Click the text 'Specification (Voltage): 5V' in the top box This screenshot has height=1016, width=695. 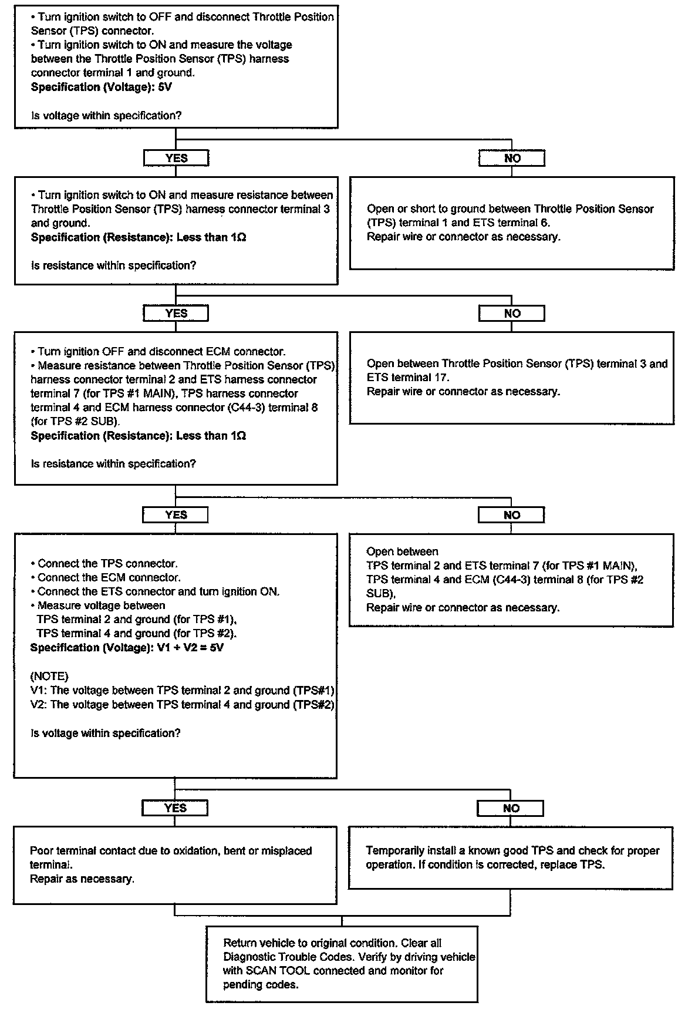(101, 87)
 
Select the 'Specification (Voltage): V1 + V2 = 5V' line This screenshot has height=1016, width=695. (127, 648)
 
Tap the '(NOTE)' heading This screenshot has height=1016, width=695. (49, 676)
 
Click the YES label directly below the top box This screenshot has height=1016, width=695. (176, 158)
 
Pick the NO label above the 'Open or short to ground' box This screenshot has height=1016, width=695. (512, 158)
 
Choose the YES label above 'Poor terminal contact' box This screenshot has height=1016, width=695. (175, 808)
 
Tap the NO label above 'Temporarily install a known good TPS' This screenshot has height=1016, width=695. (511, 808)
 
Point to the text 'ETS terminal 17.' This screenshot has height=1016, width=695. (408, 378)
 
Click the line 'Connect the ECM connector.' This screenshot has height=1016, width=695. (109, 577)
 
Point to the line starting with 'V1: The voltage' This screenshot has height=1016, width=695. (182, 691)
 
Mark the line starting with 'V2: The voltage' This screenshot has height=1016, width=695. (182, 705)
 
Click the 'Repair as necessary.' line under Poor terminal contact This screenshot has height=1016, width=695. (82, 879)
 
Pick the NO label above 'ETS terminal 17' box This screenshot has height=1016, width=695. (512, 314)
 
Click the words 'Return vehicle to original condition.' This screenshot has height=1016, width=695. (310, 943)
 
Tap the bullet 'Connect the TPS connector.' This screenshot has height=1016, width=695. (107, 563)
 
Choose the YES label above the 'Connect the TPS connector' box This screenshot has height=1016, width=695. (176, 515)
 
